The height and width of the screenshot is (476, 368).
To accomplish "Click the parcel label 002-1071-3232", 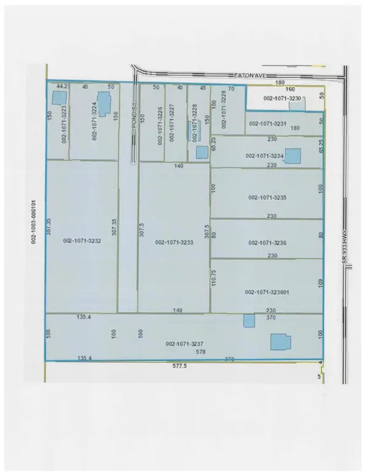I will (82, 241).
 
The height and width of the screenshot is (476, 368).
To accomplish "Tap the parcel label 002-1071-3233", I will (175, 242).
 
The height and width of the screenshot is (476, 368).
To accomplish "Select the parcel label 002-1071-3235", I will (267, 198).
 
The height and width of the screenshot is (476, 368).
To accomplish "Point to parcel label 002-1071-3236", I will (267, 243).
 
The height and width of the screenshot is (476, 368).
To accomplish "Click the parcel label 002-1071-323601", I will (267, 292).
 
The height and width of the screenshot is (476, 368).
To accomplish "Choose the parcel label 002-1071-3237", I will (185, 344).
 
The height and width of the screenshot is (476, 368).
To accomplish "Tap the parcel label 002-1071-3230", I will (282, 98).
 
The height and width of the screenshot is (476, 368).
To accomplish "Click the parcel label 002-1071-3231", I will (267, 123).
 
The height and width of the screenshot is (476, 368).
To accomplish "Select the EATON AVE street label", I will (250, 75).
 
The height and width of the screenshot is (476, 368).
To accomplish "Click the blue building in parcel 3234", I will (293, 156).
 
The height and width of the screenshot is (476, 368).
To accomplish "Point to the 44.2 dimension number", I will (61, 86).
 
